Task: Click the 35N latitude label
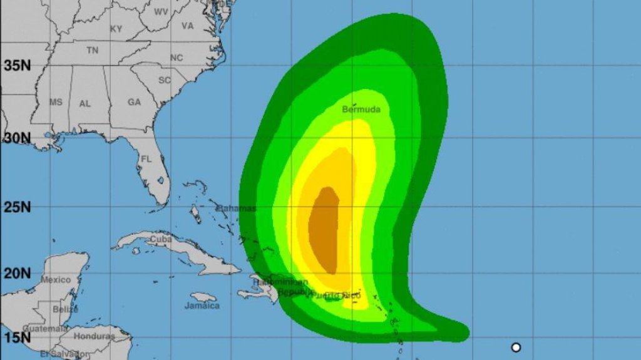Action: click(x=17, y=65)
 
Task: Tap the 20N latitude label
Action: click(x=17, y=273)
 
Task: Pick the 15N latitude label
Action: click(x=17, y=338)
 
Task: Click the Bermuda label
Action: click(x=361, y=110)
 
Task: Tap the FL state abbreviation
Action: click(x=146, y=159)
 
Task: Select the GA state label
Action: click(x=134, y=102)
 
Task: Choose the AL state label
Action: click(x=85, y=104)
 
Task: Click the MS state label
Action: click(x=56, y=102)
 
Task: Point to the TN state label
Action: click(x=93, y=51)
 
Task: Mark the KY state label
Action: click(x=116, y=29)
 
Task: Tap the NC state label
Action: click(x=177, y=58)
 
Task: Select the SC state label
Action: click(x=165, y=80)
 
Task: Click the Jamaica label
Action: click(x=202, y=306)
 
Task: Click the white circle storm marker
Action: click(x=516, y=347)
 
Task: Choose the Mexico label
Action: click(x=56, y=279)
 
